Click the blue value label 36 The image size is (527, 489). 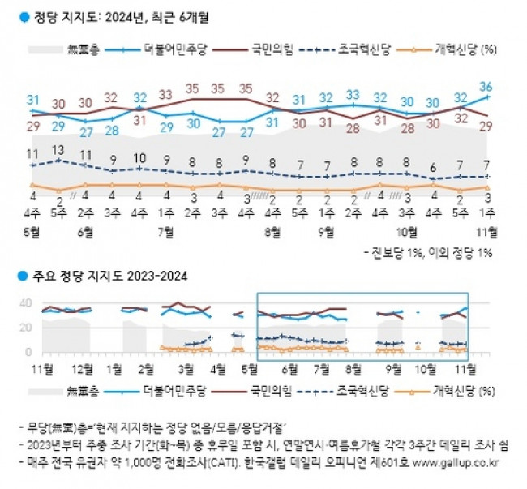(486, 86)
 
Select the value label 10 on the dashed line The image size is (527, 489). (139, 158)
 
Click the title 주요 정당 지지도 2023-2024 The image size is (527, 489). (105, 276)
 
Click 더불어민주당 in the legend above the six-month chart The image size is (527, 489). (178, 49)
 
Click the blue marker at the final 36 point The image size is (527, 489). (486, 97)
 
